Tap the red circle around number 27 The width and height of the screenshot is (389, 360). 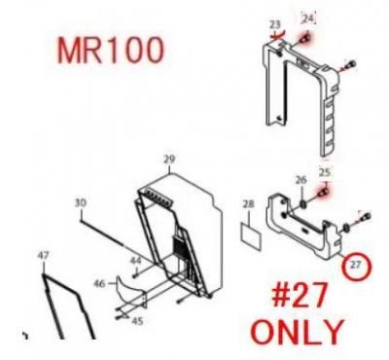click(x=355, y=264)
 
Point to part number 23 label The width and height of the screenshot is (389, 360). click(x=274, y=23)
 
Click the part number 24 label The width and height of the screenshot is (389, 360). click(x=308, y=18)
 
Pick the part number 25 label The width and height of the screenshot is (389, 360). click(x=326, y=172)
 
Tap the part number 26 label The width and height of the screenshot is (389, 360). click(x=301, y=180)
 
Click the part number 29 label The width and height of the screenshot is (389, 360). click(x=169, y=159)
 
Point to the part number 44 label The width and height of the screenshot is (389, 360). click(x=135, y=261)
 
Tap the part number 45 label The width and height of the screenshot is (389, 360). click(x=137, y=321)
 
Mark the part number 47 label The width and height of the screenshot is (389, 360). click(x=43, y=255)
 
